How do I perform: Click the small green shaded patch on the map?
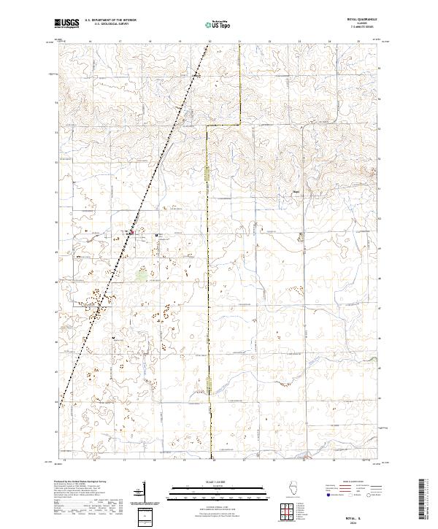coord(142,275)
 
